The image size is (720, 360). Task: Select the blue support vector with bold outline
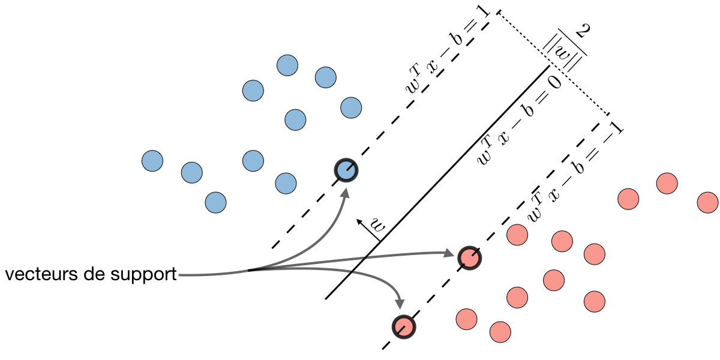pyautogui.click(x=346, y=170)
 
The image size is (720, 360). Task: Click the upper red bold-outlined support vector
pyautogui.click(x=469, y=258)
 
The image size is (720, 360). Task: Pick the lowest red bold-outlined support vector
pyautogui.click(x=404, y=326)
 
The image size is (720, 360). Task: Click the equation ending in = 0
pyautogui.click(x=518, y=119)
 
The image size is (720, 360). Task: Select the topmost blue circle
pyautogui.click(x=287, y=65)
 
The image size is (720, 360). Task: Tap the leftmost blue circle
pyautogui.click(x=152, y=161)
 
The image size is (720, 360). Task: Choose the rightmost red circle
pyautogui.click(x=708, y=202)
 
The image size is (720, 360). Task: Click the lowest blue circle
pyautogui.click(x=215, y=202)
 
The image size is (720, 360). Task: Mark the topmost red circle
pyautogui.click(x=667, y=183)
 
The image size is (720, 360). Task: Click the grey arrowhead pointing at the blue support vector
pyautogui.click(x=346, y=193)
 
